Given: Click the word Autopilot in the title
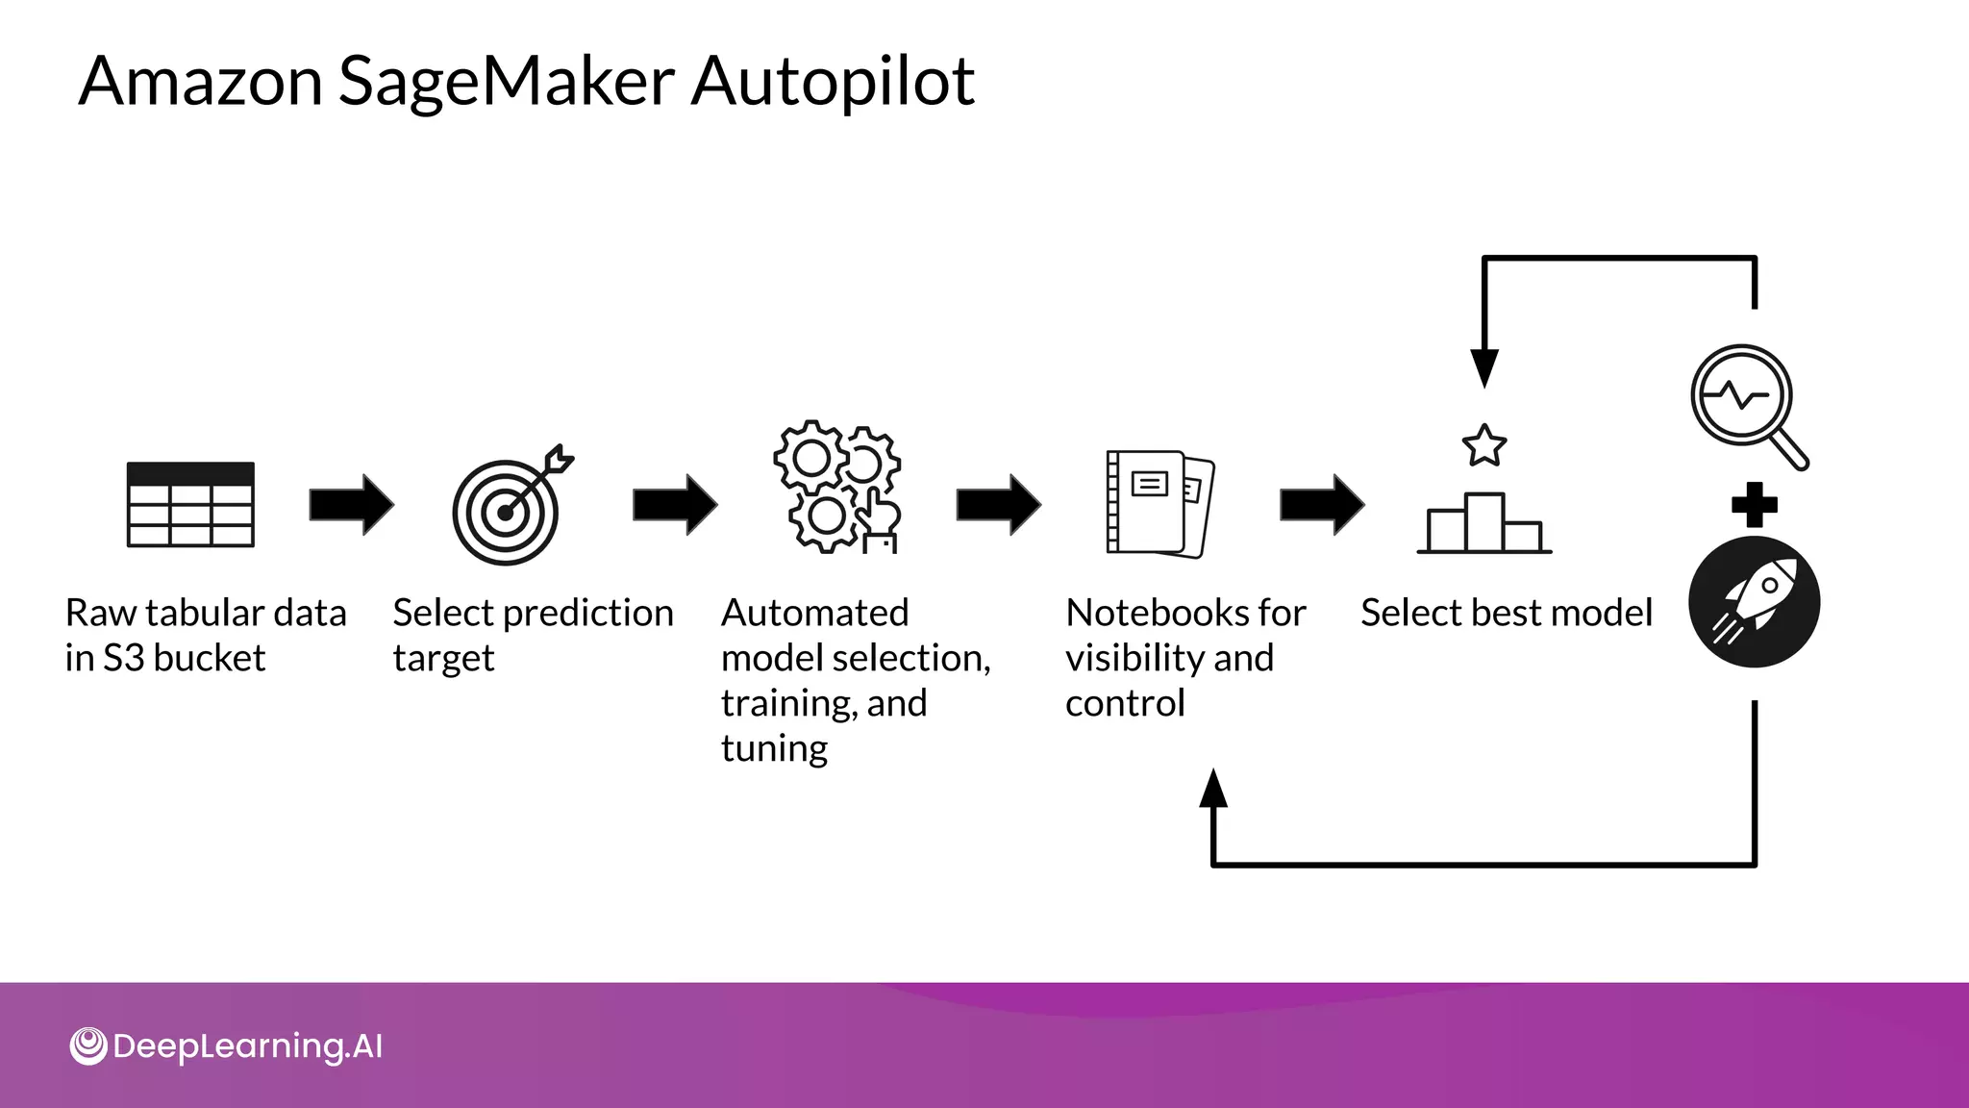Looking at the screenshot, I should click(x=833, y=81).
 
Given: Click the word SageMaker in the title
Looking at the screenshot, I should click(x=507, y=81).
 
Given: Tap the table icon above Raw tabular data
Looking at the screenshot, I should click(x=190, y=505).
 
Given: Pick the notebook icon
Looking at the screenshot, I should click(x=1158, y=503).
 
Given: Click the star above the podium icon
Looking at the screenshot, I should click(x=1483, y=445).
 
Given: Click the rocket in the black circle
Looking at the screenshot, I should click(x=1754, y=602).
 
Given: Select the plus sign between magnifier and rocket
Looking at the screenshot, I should click(x=1754, y=505).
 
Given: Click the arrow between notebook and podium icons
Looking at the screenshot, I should click(x=1321, y=505).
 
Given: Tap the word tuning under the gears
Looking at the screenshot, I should click(x=774, y=748).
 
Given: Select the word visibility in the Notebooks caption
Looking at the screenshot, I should click(x=1134, y=658).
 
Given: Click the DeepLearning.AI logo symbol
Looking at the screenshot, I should click(x=88, y=1046).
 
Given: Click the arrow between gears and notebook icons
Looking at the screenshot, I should click(x=998, y=505).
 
